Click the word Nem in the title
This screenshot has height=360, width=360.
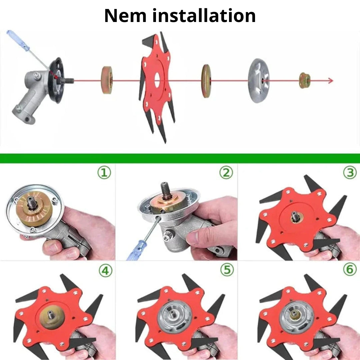[125, 16]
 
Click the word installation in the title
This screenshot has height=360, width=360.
[204, 16]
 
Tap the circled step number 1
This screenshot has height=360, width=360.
[104, 173]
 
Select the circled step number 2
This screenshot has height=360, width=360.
[226, 173]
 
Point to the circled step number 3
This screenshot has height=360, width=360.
[350, 173]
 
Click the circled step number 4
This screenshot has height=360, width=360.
[105, 271]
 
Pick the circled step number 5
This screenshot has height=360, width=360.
[227, 270]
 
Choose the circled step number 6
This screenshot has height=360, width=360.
[350, 270]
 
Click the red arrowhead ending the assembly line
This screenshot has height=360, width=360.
[330, 81]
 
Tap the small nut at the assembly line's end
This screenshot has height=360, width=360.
[305, 81]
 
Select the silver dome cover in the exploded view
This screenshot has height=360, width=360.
[259, 81]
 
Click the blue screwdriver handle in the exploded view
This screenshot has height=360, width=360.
[18, 40]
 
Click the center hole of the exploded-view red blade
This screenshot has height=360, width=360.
[157, 80]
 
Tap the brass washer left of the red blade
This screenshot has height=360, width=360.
[107, 80]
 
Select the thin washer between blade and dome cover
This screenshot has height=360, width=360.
[206, 81]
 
